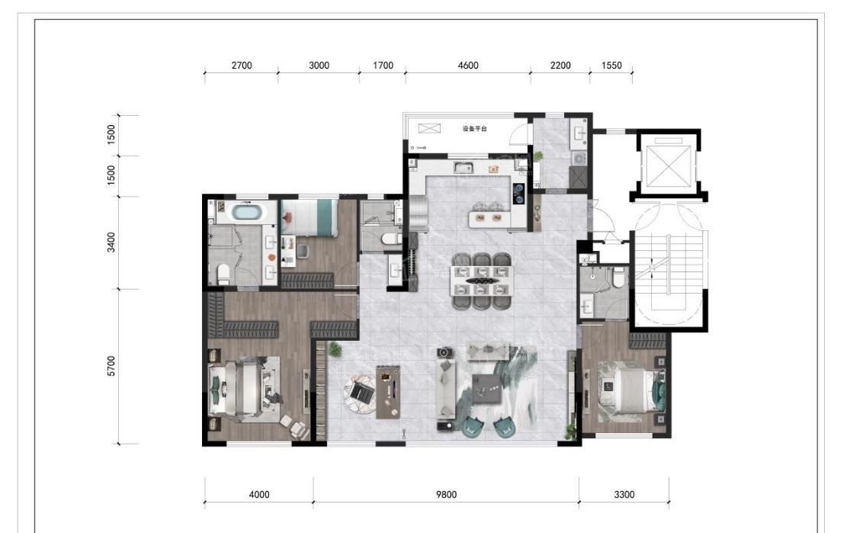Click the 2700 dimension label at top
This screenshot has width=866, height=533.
tap(242, 65)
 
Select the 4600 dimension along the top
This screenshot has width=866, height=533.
tap(468, 65)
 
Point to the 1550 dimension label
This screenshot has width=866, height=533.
tap(611, 65)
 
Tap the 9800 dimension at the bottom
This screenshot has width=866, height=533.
tap(446, 494)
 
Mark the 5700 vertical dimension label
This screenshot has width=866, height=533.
tap(111, 366)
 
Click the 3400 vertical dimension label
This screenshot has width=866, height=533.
tap(111, 242)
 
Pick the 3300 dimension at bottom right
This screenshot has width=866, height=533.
tap(624, 494)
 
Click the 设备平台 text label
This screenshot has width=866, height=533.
tap(475, 129)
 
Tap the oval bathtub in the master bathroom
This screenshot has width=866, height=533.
tap(246, 213)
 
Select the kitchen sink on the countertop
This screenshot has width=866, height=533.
tap(463, 167)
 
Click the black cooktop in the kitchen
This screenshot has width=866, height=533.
tap(518, 194)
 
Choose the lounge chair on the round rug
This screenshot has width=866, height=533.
tap(361, 392)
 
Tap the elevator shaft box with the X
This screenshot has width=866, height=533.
tap(669, 165)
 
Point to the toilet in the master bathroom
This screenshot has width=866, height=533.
tap(223, 274)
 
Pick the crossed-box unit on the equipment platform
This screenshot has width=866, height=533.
tap(429, 129)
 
